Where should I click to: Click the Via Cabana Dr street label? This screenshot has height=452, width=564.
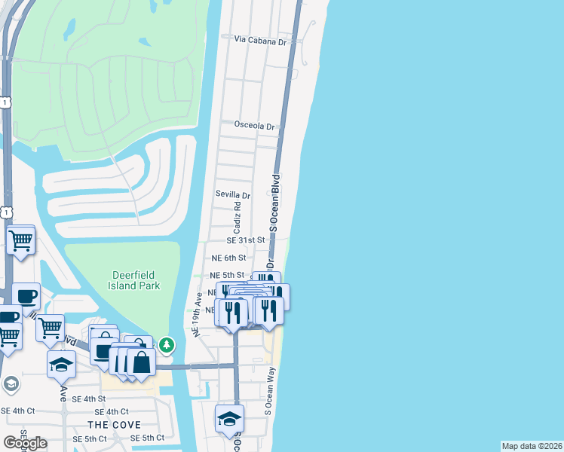point(261,40)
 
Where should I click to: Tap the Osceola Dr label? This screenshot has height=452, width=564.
point(255,125)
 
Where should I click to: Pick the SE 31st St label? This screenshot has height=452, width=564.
point(247,240)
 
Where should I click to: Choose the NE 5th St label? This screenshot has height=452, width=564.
point(227,276)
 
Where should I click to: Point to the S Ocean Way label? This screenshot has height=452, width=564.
point(268,391)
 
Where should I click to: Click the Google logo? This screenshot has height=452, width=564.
point(25,443)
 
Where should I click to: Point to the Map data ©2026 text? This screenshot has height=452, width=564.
point(532,446)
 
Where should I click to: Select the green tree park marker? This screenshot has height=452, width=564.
point(167,346)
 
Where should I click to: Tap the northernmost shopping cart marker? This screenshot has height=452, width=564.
point(20,241)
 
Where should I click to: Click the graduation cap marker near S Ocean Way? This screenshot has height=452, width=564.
point(229,419)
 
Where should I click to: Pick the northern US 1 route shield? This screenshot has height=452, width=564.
point(5,102)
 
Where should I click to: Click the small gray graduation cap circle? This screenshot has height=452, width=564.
point(10,384)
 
